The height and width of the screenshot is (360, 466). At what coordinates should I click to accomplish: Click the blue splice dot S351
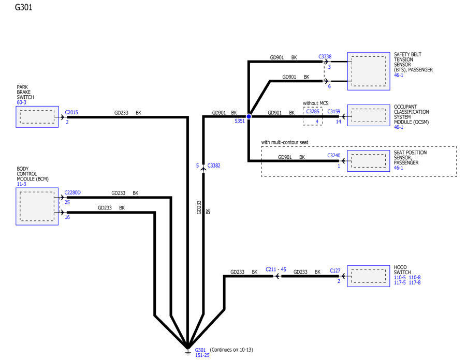249,116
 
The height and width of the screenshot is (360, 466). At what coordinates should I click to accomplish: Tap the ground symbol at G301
187,352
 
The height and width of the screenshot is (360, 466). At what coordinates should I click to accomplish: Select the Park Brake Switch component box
37,117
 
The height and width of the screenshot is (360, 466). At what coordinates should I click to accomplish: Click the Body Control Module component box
37,206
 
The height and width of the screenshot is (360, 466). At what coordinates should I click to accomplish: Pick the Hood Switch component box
369,276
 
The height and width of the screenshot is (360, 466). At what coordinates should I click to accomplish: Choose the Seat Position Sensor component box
369,161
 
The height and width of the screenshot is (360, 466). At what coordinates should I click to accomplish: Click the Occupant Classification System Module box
369,115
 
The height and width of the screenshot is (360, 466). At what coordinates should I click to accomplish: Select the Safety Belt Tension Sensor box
369,71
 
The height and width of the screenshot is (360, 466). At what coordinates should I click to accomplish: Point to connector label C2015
71,112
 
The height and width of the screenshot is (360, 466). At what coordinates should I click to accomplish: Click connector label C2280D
72,192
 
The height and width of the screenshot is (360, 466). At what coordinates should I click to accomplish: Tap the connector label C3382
214,166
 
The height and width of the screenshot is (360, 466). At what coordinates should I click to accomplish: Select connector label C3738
325,56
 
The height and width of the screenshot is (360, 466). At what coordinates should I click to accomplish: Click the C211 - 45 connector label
276,269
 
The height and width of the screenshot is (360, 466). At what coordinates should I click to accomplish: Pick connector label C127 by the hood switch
335,271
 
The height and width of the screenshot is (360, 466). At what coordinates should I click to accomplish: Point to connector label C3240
334,155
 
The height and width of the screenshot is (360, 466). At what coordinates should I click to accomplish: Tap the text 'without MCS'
316,103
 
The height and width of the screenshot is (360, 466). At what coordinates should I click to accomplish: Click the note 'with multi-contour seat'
284,142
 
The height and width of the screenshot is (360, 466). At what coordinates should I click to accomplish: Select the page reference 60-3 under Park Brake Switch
21,102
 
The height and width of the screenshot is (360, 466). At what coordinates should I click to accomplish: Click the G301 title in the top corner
23,7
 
